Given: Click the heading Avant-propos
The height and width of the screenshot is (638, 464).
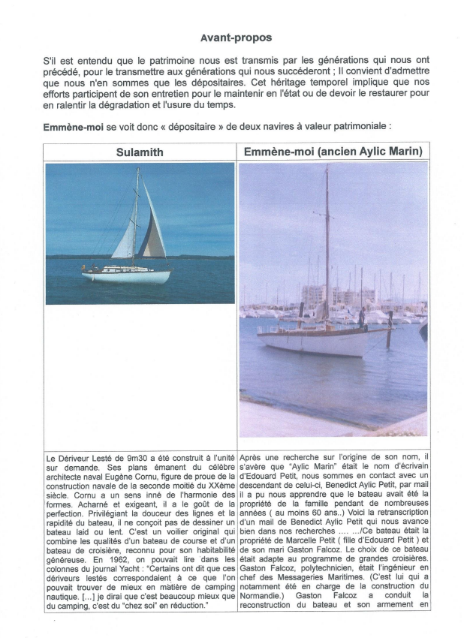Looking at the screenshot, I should (236, 38).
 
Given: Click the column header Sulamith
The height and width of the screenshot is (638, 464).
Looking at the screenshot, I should (140, 152).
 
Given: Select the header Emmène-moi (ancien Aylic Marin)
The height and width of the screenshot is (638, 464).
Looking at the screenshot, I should (333, 152).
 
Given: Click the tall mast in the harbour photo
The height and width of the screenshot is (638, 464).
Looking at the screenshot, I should (327, 240).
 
